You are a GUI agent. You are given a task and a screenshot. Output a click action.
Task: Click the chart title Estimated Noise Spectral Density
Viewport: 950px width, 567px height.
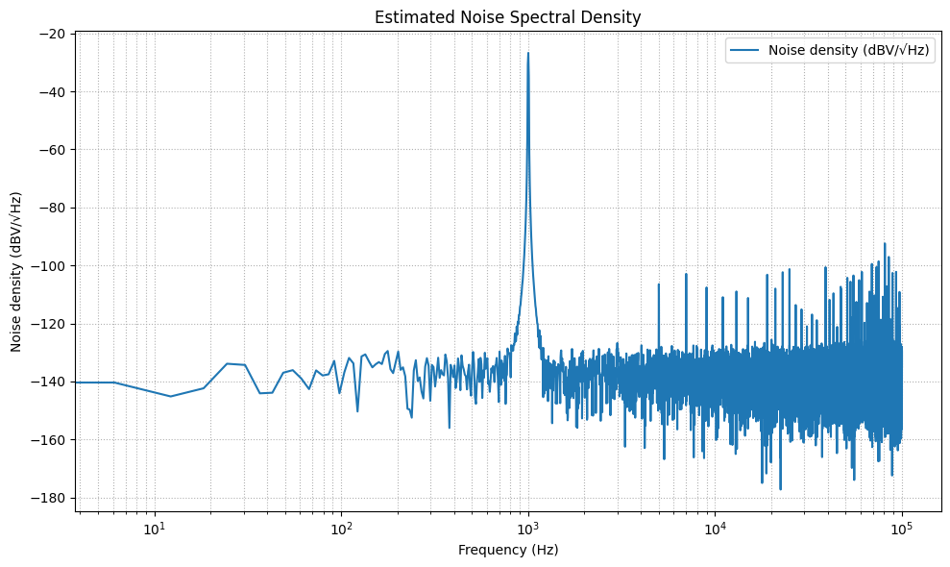tap(507, 17)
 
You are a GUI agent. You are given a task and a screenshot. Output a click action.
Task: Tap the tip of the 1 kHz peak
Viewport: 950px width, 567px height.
tap(527, 54)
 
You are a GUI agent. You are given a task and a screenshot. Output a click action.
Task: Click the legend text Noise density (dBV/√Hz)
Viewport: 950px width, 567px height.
tap(849, 52)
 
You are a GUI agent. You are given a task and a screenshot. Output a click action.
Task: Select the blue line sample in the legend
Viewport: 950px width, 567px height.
tap(745, 52)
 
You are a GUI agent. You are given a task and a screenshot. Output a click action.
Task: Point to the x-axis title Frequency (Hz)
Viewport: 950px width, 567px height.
tap(507, 550)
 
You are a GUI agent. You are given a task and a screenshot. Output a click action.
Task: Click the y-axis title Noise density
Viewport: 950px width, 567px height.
tap(16, 272)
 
